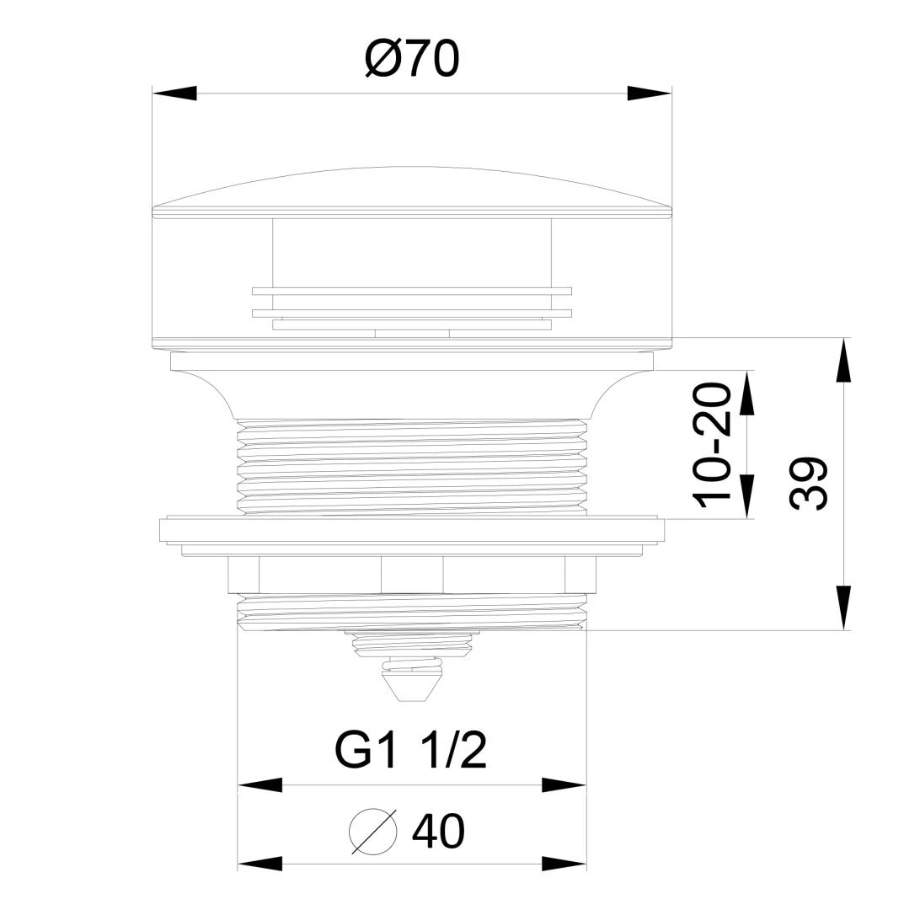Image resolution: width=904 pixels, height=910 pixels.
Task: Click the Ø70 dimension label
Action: pos(412,59)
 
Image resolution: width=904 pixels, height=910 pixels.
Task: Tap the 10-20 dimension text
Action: pos(713,445)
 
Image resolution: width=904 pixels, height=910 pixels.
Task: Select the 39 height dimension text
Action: pos(808,483)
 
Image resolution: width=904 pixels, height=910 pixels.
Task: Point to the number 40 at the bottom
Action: pos(438,831)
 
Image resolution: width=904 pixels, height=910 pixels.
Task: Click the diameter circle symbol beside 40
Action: pos(373,831)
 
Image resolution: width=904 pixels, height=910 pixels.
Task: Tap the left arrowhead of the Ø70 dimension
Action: pos(174,94)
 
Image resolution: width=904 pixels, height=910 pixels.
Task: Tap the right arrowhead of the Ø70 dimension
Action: pos(650,94)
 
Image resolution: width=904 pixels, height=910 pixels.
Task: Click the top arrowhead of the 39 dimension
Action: pos(843,360)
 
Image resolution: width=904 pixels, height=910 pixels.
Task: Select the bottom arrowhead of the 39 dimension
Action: pos(843,608)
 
